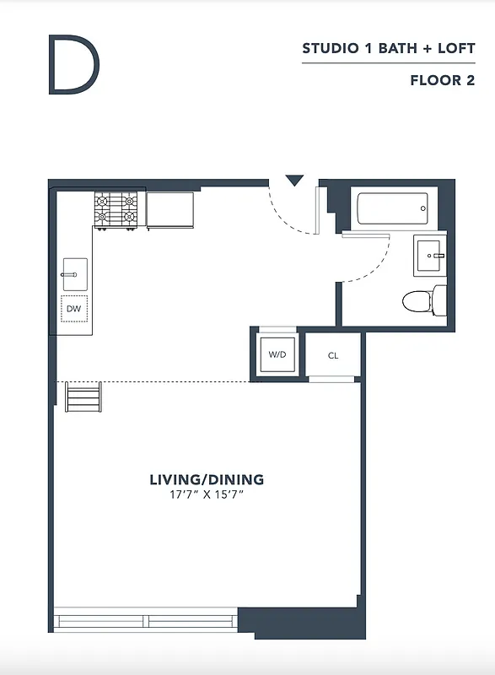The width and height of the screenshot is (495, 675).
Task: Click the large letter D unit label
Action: pyautogui.click(x=73, y=65)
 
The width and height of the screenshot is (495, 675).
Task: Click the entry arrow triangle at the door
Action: pyautogui.click(x=293, y=181)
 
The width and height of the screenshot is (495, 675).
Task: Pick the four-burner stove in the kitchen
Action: pyautogui.click(x=116, y=209)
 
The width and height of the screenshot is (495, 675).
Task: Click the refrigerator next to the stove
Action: pyautogui.click(x=169, y=210)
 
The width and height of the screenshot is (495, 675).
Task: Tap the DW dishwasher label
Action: pyautogui.click(x=74, y=310)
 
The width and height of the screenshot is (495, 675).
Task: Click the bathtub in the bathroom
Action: pyautogui.click(x=392, y=208)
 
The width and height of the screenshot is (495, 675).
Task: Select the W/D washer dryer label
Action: pyautogui.click(x=277, y=355)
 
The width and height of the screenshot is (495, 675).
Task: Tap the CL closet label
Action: pyautogui.click(x=333, y=355)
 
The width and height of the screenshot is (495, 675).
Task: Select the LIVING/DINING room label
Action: pyautogui.click(x=207, y=479)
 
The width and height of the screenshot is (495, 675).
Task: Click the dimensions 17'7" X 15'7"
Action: pyautogui.click(x=207, y=494)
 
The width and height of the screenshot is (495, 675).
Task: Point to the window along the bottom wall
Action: pyautogui.click(x=147, y=621)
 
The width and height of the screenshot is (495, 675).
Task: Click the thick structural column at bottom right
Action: pyautogui.click(x=299, y=622)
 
